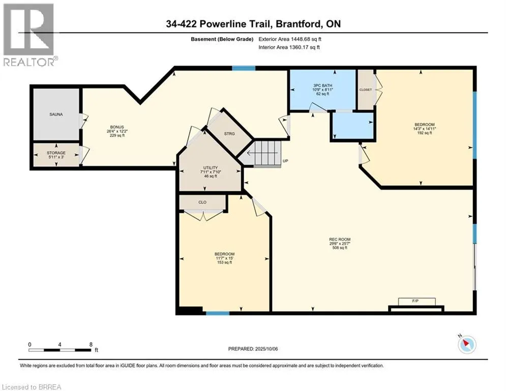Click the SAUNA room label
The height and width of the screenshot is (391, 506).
pyautogui.click(x=56, y=115)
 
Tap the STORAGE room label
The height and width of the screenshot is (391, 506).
pyautogui.click(x=56, y=153)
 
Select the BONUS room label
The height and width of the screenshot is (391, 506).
pyautogui.click(x=117, y=127)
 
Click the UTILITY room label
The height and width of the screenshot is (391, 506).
pyautogui.click(x=211, y=167)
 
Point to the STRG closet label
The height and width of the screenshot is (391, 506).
pyautogui.click(x=229, y=133)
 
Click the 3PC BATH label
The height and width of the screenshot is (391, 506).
pyautogui.click(x=322, y=86)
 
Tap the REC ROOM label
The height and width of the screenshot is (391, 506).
pyautogui.click(x=340, y=239)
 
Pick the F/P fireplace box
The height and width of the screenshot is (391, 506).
pyautogui.click(x=417, y=301)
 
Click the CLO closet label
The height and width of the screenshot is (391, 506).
pyautogui.click(x=202, y=202)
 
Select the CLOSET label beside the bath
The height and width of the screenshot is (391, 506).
pyautogui.click(x=366, y=90)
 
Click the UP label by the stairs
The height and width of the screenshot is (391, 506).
pyautogui.click(x=285, y=161)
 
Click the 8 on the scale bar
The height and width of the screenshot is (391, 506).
pyautogui.click(x=91, y=345)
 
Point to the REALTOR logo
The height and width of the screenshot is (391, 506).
pyautogui.click(x=29, y=35)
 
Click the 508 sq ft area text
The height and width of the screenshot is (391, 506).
pyautogui.click(x=340, y=248)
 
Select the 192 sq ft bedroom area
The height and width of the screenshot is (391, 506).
pyautogui.click(x=424, y=133)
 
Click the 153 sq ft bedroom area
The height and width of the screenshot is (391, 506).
pyautogui.click(x=225, y=262)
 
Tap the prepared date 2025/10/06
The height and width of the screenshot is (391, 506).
pyautogui.click(x=266, y=349)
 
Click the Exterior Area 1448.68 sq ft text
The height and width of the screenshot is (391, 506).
pyautogui.click(x=290, y=39)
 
